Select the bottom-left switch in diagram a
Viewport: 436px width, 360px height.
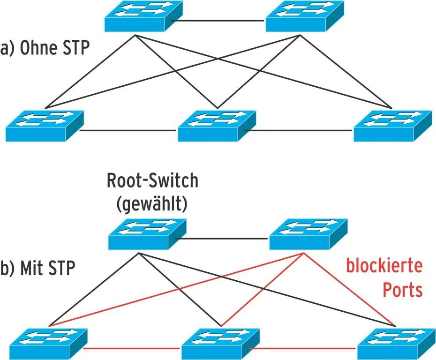pyautogui.click(x=45, y=125)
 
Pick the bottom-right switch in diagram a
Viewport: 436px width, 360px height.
pyautogui.click(x=392, y=125)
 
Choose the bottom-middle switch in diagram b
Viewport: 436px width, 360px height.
pyautogui.click(x=220, y=344)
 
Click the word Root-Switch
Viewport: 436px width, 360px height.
pyautogui.click(x=152, y=181)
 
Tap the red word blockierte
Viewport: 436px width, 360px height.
pyautogui.click(x=384, y=266)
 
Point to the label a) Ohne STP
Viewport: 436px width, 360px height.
pyautogui.click(x=45, y=48)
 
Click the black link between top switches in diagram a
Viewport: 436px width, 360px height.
pyautogui.click(x=218, y=21)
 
